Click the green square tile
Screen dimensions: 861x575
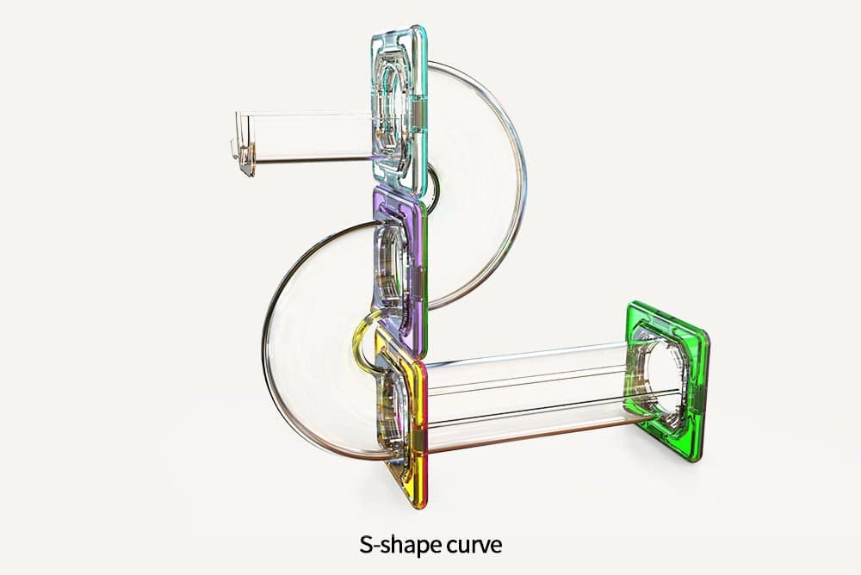pyautogui.click(x=667, y=381)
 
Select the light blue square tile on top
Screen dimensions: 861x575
pyautogui.click(x=399, y=110)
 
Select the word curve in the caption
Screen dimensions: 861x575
pyautogui.click(x=474, y=545)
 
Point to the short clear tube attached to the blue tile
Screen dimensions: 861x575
pyautogui.click(x=307, y=138)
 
